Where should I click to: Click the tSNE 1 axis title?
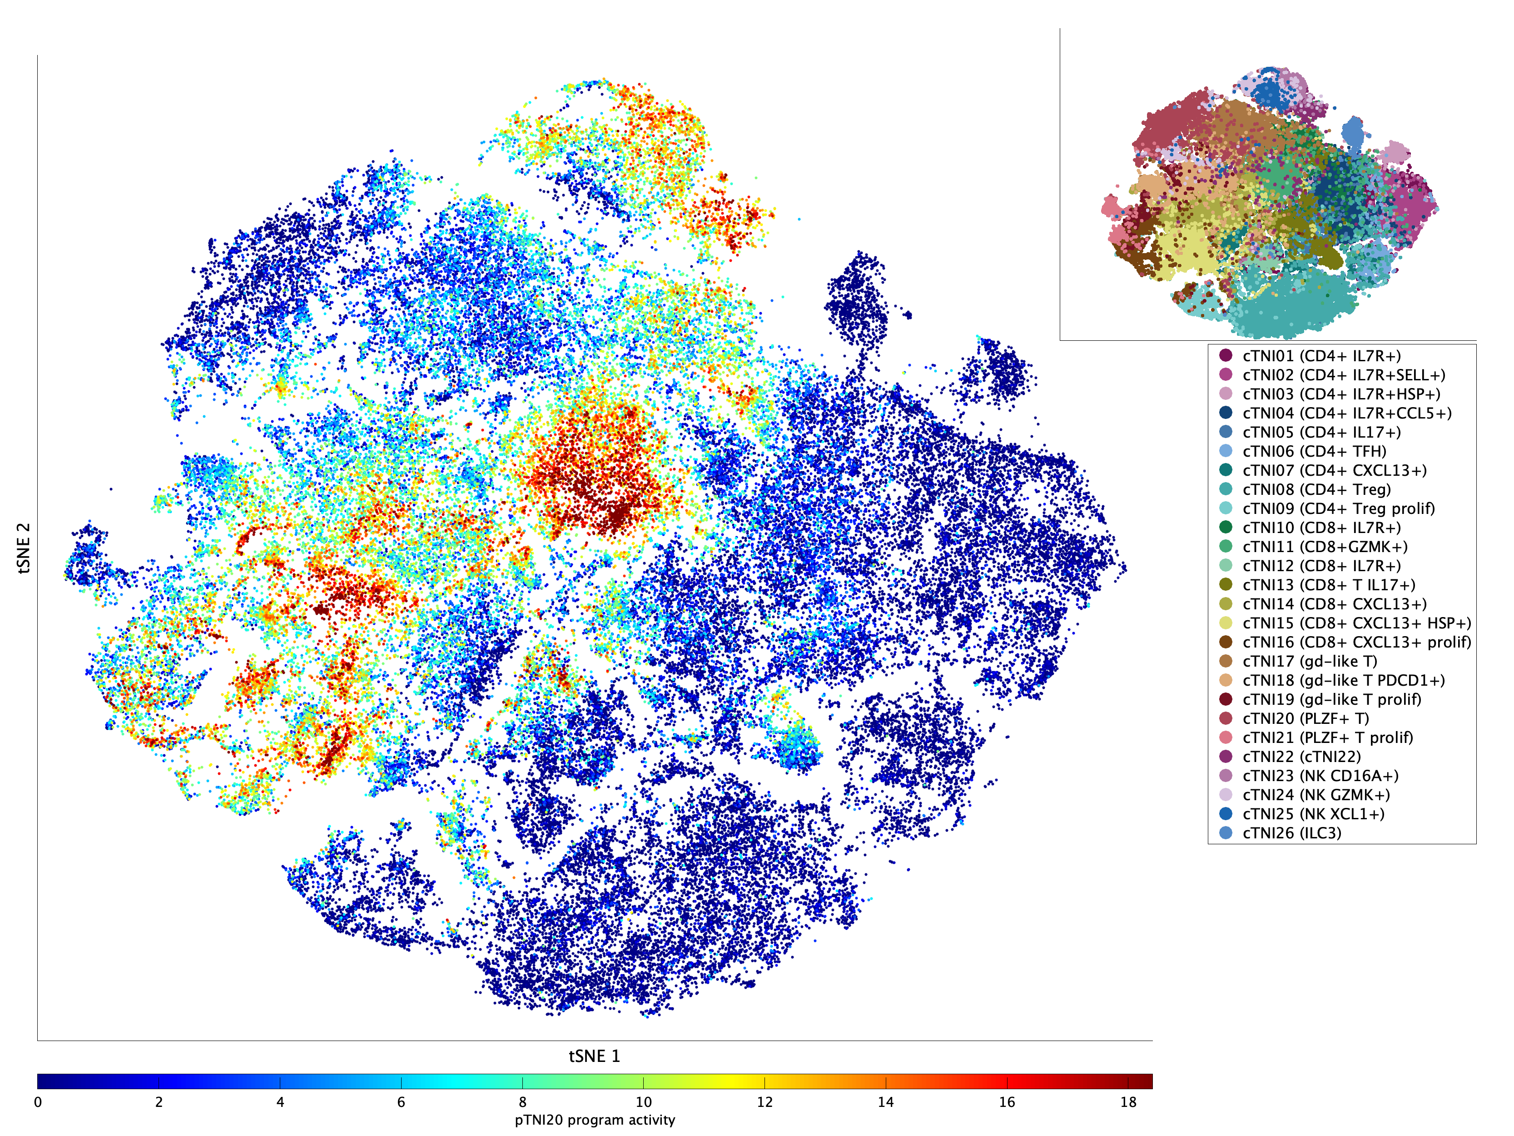pos(594,1056)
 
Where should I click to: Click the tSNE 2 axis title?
pos(24,548)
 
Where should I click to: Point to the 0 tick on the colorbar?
pos(38,1102)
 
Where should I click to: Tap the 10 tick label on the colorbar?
pos(643,1102)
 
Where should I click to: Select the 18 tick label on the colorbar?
pos(1128,1102)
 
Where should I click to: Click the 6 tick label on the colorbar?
pos(401,1102)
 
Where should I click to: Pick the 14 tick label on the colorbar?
pos(886,1102)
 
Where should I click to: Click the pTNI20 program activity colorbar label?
pos(595,1120)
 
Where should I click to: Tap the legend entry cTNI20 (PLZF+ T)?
pos(1305,718)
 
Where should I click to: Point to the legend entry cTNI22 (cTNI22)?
pos(1301,757)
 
